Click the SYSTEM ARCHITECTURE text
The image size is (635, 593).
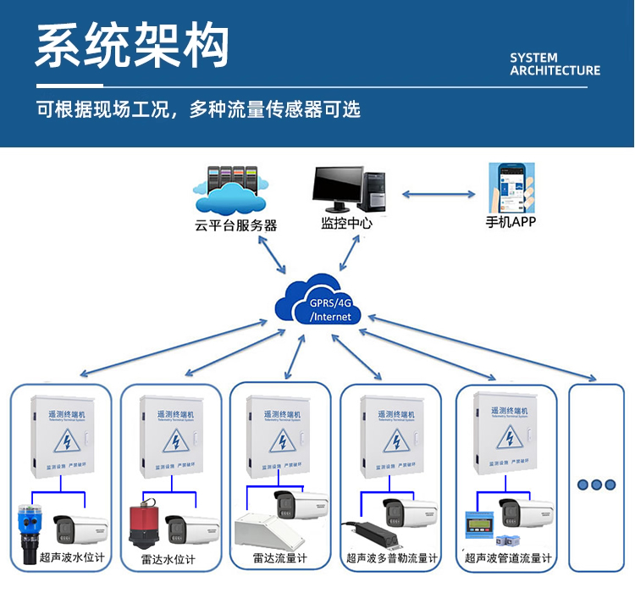[x=555, y=64]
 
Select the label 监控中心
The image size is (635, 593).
[x=346, y=224]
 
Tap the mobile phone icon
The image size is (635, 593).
[x=511, y=187]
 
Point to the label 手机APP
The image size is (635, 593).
[x=511, y=222]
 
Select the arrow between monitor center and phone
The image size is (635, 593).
[x=439, y=194]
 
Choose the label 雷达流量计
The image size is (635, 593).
[x=279, y=558]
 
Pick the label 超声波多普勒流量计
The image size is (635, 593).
[x=392, y=558]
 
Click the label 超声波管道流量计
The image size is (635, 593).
[x=507, y=558]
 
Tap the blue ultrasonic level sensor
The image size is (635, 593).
[x=31, y=525]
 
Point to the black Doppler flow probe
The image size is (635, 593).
[x=370, y=533]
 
